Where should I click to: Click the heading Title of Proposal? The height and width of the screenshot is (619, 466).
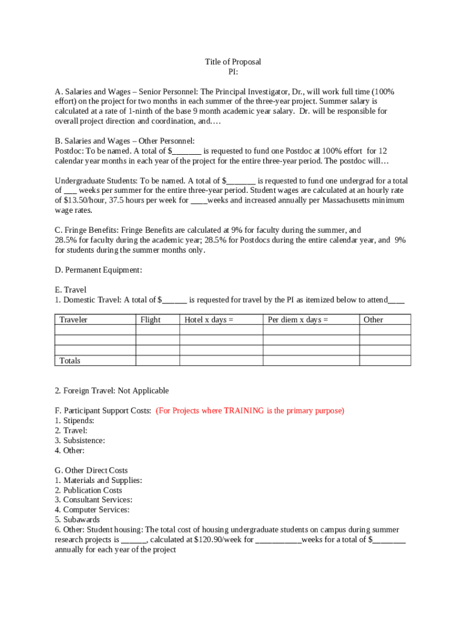[233, 62]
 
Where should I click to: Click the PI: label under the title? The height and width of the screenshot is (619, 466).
[233, 72]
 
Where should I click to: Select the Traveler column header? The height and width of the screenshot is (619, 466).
[73, 320]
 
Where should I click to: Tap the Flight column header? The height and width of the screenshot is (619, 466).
[150, 320]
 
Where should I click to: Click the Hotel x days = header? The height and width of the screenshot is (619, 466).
[209, 320]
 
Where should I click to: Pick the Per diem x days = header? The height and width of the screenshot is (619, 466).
[298, 320]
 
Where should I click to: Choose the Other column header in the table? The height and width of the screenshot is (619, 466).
[373, 320]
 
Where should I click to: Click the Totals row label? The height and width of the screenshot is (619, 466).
[70, 361]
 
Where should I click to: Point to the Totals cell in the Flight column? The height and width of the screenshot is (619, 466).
[157, 361]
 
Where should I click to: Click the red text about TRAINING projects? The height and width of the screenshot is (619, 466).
[250, 410]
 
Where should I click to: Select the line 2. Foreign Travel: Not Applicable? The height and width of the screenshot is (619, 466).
[112, 391]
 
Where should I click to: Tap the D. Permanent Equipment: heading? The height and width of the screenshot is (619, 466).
[99, 270]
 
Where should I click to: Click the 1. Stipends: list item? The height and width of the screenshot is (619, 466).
[74, 420]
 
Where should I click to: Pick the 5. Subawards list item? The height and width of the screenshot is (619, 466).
[77, 520]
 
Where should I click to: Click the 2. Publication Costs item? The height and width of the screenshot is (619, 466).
[88, 490]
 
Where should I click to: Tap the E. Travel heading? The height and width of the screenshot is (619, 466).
[71, 290]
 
